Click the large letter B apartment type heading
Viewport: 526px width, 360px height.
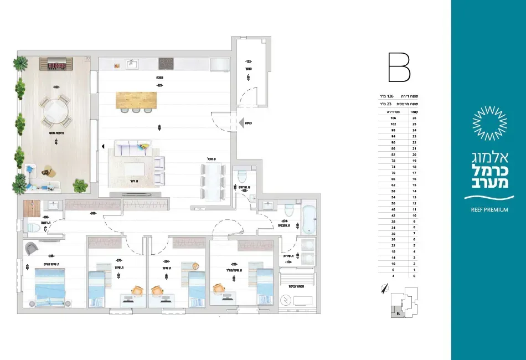point(398,68)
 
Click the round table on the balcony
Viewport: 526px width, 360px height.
point(55,111)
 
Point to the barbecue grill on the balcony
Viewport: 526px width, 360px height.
point(56,64)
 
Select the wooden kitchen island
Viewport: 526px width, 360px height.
point(136,99)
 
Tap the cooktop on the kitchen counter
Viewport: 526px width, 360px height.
point(167,64)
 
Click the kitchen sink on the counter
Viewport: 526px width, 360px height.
point(132,64)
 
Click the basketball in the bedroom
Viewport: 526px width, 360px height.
point(195,265)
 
